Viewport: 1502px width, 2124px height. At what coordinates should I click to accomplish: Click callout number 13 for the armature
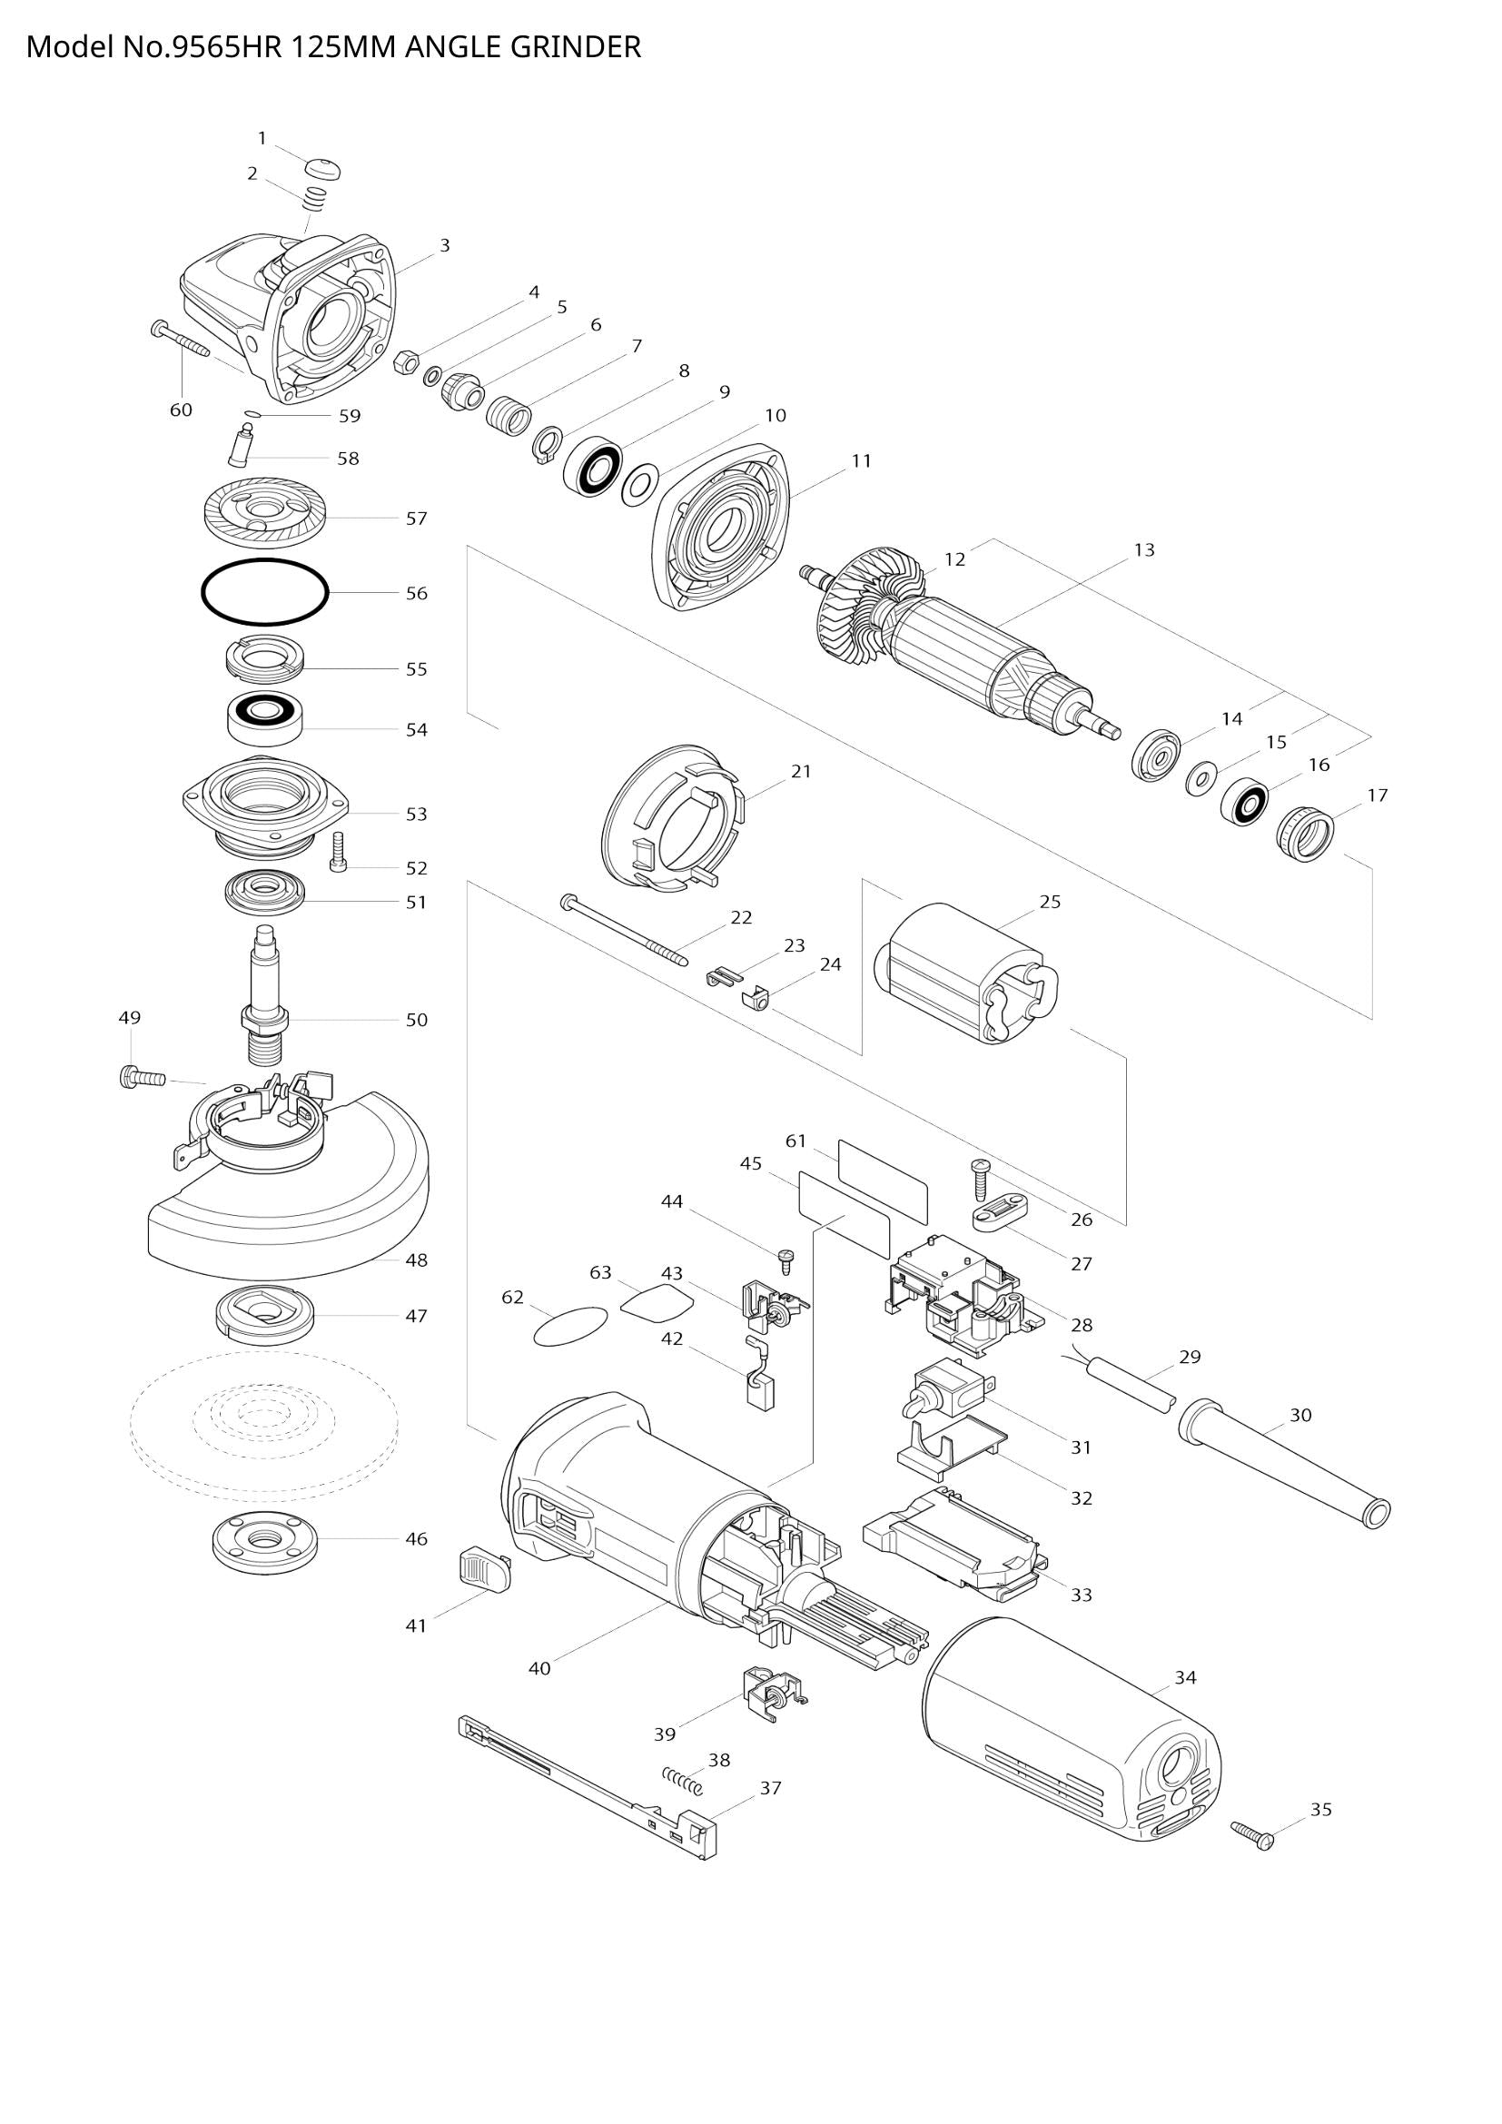click(x=1144, y=550)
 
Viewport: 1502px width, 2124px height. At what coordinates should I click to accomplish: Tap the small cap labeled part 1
click(x=322, y=169)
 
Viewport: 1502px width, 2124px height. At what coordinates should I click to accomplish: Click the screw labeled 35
click(x=1253, y=1834)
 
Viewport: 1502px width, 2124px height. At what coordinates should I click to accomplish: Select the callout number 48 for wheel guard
click(x=417, y=1260)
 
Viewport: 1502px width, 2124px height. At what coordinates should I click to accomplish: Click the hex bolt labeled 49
click(x=141, y=1078)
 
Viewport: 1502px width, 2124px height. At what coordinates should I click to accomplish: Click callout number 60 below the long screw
click(x=182, y=410)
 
